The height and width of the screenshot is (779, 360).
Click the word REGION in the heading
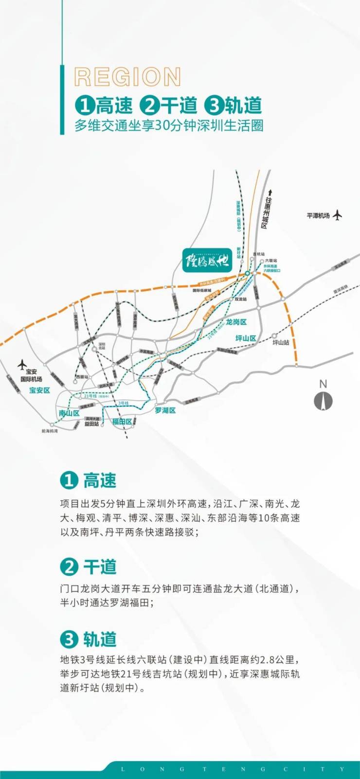click(127, 77)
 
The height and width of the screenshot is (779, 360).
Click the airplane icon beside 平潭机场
click(337, 215)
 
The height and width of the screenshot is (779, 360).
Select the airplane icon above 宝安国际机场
click(22, 364)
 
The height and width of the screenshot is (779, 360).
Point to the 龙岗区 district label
click(236, 322)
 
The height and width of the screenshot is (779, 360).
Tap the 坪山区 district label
click(246, 338)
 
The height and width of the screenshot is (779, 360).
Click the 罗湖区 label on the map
click(165, 410)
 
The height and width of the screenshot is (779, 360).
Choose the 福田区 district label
click(122, 422)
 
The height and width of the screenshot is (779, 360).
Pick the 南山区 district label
click(69, 413)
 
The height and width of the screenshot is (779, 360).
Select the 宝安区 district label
click(39, 390)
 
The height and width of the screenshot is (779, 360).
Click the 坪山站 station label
click(281, 342)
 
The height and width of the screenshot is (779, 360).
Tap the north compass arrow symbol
click(323, 401)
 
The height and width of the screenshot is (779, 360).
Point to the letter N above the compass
click(323, 384)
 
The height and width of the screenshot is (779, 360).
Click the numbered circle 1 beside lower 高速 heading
click(69, 480)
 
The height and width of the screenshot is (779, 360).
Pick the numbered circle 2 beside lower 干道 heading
click(69, 567)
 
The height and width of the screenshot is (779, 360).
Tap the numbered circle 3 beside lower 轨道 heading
click(69, 639)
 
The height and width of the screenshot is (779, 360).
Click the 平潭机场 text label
click(318, 215)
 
